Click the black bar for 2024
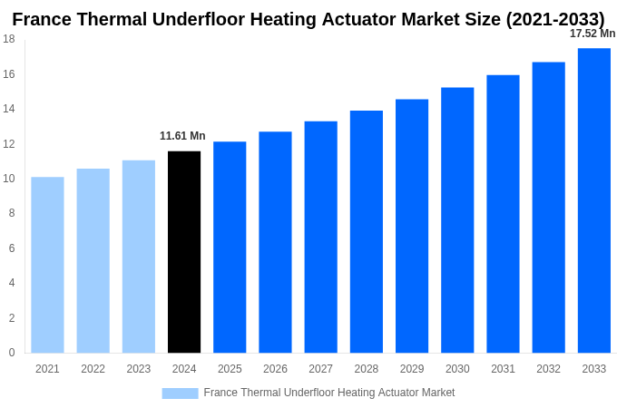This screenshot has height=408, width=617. coord(184,252)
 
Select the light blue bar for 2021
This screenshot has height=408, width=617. coord(47,265)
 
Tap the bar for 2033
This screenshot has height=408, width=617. coord(593,200)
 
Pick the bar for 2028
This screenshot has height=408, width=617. coord(367,232)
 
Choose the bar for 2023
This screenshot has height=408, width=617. coord(139,257)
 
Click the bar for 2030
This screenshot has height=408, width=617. coord(457,220)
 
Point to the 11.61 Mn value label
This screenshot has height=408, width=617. coord(182,136)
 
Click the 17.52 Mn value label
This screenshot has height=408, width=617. coord(592,34)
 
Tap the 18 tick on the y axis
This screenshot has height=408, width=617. coord(8,39)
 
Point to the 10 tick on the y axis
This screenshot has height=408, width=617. coord(8,179)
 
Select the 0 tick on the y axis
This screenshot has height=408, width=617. coord(11,353)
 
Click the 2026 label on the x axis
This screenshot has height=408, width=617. coord(275,369)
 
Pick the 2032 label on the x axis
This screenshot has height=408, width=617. coord(548,369)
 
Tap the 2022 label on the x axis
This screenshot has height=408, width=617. coord(93,369)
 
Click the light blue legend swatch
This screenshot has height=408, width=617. coord(180,393)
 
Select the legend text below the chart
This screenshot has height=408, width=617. coord(328,393)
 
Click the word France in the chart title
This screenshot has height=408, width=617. coord(43,19)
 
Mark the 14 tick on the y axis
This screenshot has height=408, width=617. coord(8,109)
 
